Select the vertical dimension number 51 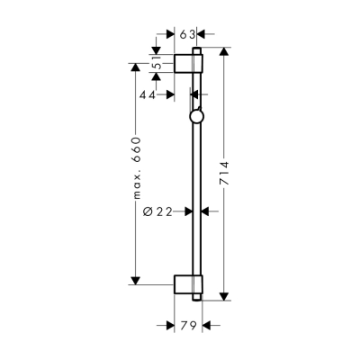pyautogui.click(x=157, y=65)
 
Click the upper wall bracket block pyautogui.click(x=189, y=63)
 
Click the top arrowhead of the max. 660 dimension pyautogui.click(x=134, y=67)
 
